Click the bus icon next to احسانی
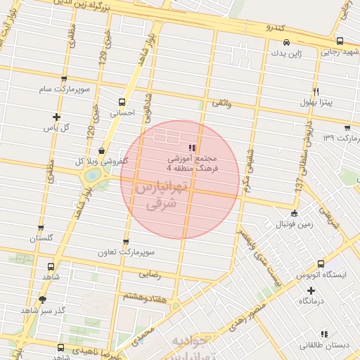pyautogui.click(x=122, y=101)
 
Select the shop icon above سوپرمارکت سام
pyautogui.click(x=64, y=79)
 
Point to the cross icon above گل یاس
pyautogui.click(x=57, y=117)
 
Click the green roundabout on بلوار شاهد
pyautogui.click(x=93, y=176)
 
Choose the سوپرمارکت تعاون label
pyautogui.click(x=150, y=251)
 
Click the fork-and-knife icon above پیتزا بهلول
pyautogui.click(x=316, y=92)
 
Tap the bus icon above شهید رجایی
pyautogui.click(x=340, y=41)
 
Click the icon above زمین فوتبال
pyautogui.click(x=294, y=214)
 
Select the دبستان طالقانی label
pyautogui.click(x=323, y=345)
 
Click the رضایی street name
pyautogui.click(x=149, y=274)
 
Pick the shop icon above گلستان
pyautogui.click(x=41, y=228)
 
